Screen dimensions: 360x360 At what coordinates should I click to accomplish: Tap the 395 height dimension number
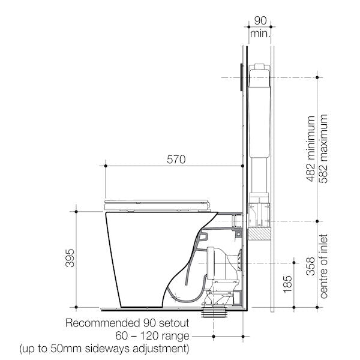70,257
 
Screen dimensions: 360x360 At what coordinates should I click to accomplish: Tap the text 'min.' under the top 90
260,34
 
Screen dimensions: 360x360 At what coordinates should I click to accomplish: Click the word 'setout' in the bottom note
173,323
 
